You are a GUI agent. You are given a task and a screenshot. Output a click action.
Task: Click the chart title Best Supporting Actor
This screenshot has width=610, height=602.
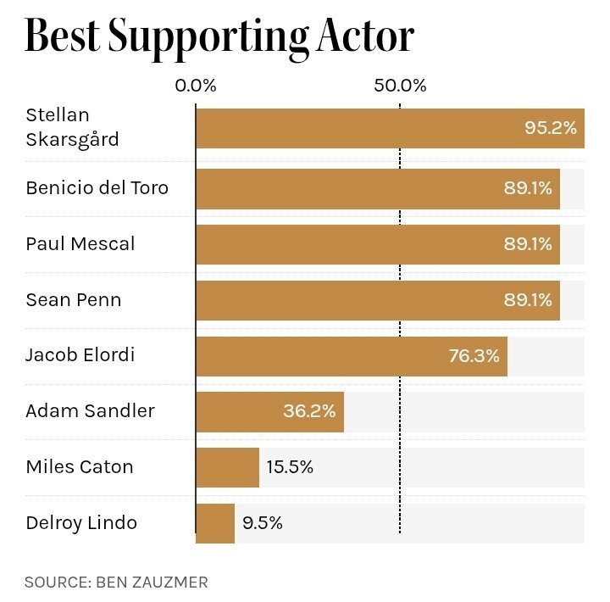(x=219, y=36)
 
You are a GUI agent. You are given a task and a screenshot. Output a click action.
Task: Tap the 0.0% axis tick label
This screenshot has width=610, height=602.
(x=196, y=86)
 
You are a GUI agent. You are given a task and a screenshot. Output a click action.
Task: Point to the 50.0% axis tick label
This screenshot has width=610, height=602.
(x=401, y=86)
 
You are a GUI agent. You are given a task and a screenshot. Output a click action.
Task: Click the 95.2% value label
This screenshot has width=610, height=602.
(x=551, y=128)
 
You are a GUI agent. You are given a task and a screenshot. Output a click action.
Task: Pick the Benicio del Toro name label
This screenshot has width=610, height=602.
(x=97, y=187)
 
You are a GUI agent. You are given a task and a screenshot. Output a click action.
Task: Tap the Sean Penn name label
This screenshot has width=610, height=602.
(x=73, y=299)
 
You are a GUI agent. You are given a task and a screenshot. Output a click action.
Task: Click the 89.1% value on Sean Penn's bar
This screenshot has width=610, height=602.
(x=528, y=299)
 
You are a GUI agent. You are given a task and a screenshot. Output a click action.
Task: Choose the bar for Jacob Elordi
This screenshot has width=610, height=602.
(x=339, y=356)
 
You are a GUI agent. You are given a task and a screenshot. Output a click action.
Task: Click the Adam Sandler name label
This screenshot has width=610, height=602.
(x=90, y=411)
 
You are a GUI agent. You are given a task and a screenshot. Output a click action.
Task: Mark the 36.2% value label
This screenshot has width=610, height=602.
(x=309, y=411)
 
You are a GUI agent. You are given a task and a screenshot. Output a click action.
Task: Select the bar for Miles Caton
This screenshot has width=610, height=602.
(x=227, y=467)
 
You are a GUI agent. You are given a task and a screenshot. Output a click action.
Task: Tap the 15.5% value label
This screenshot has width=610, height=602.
(x=290, y=467)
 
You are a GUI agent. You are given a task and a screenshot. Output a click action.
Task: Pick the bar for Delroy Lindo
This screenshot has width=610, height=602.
(x=215, y=523)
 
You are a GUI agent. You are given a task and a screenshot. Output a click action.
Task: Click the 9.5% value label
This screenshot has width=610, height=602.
(x=262, y=523)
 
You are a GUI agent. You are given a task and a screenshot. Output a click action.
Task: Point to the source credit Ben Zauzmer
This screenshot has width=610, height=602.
(x=116, y=582)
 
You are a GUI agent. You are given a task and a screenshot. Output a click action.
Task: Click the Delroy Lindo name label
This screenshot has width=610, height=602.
(x=81, y=523)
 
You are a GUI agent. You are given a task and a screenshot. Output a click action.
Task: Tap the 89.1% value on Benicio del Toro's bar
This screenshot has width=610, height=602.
(x=528, y=188)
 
